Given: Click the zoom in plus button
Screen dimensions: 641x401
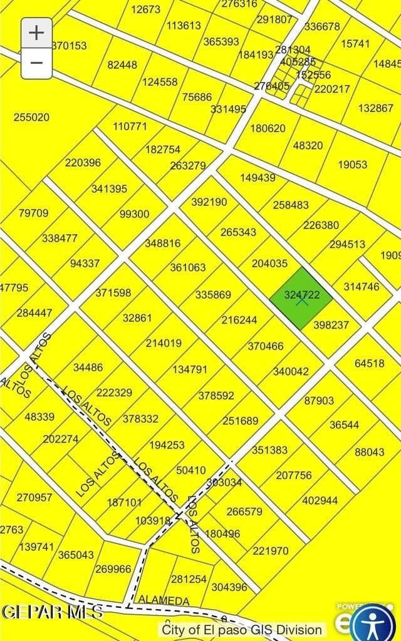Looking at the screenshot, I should click(x=37, y=33).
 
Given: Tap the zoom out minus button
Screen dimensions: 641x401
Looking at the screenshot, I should click(x=37, y=63).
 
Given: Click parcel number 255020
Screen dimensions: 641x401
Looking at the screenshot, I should click(x=31, y=117).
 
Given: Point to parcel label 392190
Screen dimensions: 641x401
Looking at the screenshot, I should click(x=209, y=202).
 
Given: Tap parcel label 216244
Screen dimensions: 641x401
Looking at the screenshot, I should click(x=239, y=320).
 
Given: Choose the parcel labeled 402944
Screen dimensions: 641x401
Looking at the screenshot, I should click(x=320, y=500).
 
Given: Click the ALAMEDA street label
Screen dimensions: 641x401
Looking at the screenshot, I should click(x=164, y=600).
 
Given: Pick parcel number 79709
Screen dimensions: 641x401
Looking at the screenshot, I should click(x=33, y=213).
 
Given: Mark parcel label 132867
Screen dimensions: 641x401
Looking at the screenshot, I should click(x=376, y=108).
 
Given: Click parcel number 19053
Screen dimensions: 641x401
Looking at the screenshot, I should click(x=352, y=165).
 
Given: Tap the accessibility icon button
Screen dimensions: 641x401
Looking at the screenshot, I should click(x=374, y=623).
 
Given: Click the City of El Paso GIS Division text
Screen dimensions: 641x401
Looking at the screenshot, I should click(x=242, y=630).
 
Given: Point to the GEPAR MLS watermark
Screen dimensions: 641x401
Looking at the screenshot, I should click(x=52, y=612).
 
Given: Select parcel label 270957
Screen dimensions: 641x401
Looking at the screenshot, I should click(x=34, y=498).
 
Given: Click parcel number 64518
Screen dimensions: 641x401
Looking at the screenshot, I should click(x=370, y=363).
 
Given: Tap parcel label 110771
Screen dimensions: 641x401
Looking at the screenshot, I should click(x=130, y=126).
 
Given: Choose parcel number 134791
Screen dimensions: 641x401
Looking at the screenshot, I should click(x=190, y=369).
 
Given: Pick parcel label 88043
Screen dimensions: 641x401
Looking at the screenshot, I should click(x=370, y=452).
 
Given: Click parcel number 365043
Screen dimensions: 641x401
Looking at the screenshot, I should click(x=76, y=555).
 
